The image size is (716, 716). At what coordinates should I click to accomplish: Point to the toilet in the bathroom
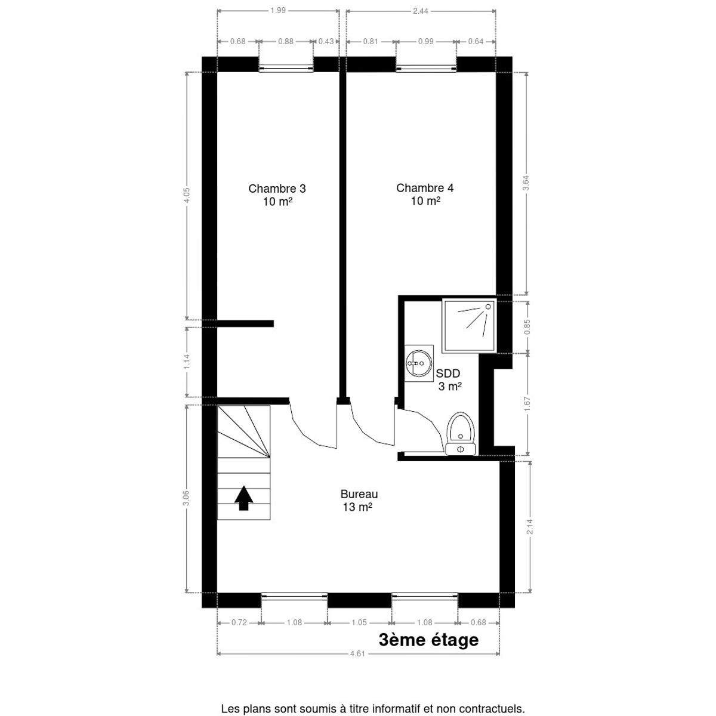pyautogui.click(x=461, y=434)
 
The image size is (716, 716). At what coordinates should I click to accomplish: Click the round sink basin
pyautogui.click(x=419, y=363)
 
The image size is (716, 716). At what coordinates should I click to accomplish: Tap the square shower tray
pyautogui.click(x=470, y=326)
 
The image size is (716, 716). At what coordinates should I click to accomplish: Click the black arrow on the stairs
pyautogui.click(x=244, y=498)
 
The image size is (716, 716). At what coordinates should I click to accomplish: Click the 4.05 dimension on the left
pyautogui.click(x=187, y=195)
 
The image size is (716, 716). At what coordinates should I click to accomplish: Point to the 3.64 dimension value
pyautogui.click(x=526, y=183)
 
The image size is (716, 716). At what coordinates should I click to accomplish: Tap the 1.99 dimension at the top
pyautogui.click(x=278, y=10)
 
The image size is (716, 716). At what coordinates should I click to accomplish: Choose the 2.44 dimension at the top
pyautogui.click(x=420, y=11)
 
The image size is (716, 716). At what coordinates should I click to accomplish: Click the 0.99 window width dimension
pyautogui.click(x=426, y=42)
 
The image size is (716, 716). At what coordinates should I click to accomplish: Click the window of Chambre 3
pyautogui.click(x=286, y=68)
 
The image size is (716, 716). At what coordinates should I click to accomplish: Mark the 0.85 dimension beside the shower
pyautogui.click(x=527, y=327)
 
